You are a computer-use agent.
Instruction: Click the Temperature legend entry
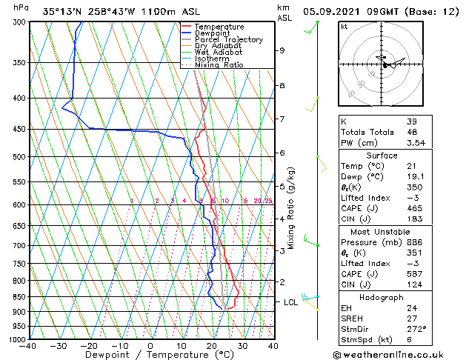[219, 27]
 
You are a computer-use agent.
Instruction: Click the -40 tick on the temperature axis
[28, 346]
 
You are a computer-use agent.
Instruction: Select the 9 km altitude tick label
[282, 50]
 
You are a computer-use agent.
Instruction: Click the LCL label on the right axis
[291, 302]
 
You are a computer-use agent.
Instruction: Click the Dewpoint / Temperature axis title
[150, 356]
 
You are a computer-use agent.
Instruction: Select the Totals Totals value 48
[411, 132]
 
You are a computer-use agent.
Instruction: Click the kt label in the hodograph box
[344, 26]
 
